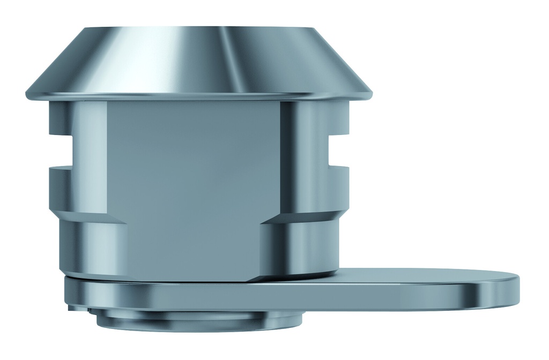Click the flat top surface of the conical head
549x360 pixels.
coord(198,27)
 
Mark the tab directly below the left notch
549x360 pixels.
coord(60,187)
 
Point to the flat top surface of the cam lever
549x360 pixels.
coord(418,275)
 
